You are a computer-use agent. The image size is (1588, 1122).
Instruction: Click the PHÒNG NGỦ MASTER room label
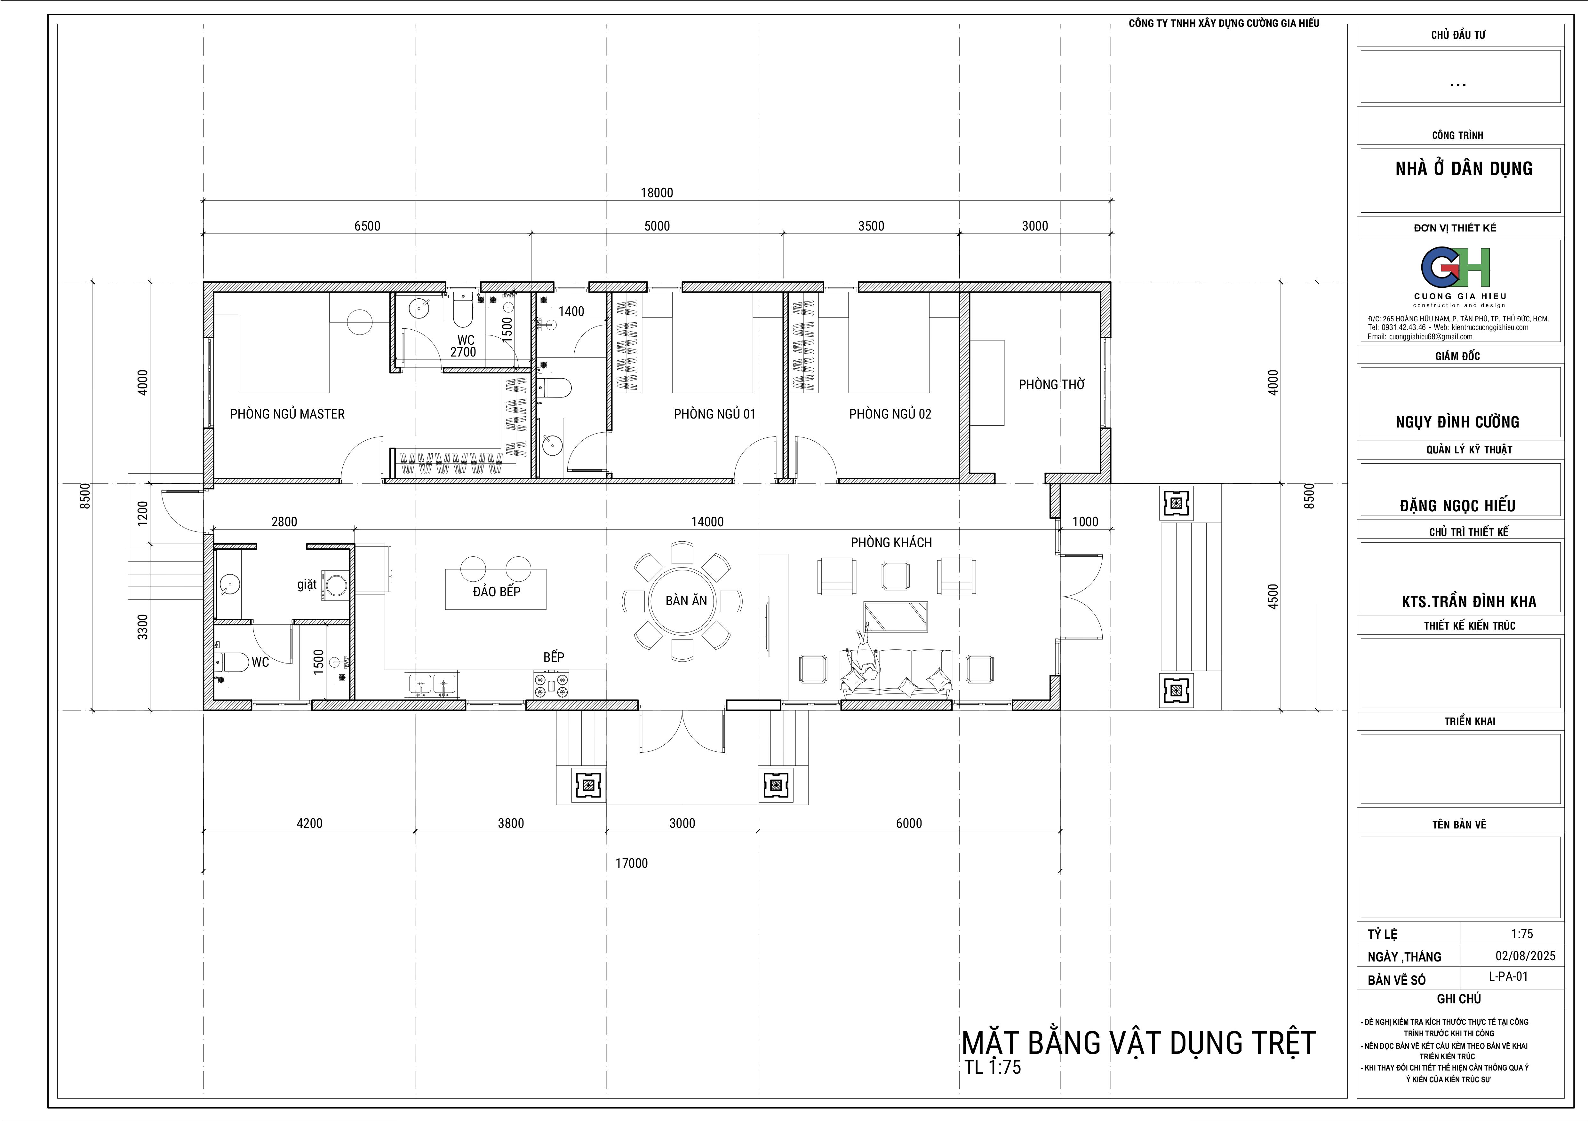pyautogui.click(x=287, y=414)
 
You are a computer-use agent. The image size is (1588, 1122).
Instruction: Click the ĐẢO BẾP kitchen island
pyautogui.click(x=496, y=589)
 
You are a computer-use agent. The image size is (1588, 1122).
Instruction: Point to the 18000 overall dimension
pyautogui.click(x=656, y=193)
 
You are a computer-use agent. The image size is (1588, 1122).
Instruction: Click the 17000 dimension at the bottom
pyautogui.click(x=632, y=863)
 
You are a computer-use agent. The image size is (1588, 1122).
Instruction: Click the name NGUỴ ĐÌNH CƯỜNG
pyautogui.click(x=1457, y=422)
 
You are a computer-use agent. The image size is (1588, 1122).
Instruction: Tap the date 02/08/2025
pyautogui.click(x=1525, y=956)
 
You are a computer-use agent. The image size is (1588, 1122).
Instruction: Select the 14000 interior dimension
pyautogui.click(x=707, y=522)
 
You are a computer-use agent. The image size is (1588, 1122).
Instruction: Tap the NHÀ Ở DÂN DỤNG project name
pyautogui.click(x=1464, y=169)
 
